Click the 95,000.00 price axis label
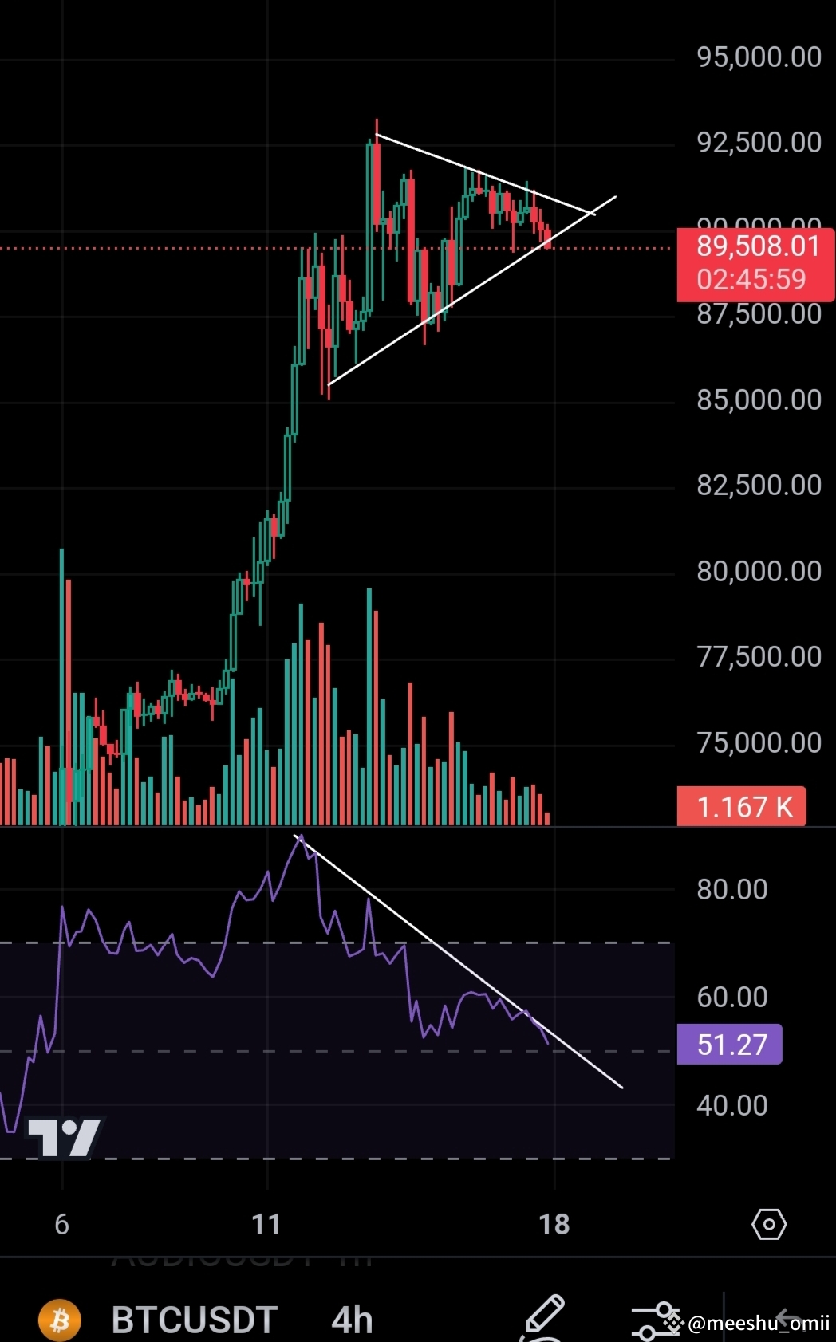click(x=759, y=57)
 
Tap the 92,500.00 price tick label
click(x=759, y=143)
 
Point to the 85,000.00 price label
click(x=759, y=400)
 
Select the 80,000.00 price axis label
click(x=759, y=572)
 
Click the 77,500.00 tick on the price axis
click(x=759, y=657)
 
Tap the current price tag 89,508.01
click(x=757, y=246)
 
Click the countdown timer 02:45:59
click(x=751, y=280)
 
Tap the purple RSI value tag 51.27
click(x=731, y=1045)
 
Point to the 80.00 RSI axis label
click(x=731, y=890)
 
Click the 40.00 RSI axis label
click(x=731, y=1106)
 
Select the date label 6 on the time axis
click(x=61, y=1225)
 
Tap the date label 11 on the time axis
click(x=266, y=1225)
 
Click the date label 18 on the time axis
click(x=554, y=1225)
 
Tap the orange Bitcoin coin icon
click(x=60, y=1320)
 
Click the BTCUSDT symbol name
click(x=194, y=1320)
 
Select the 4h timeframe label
click(x=352, y=1320)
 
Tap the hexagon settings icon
click(x=769, y=1224)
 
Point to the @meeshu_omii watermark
click(x=758, y=1324)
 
